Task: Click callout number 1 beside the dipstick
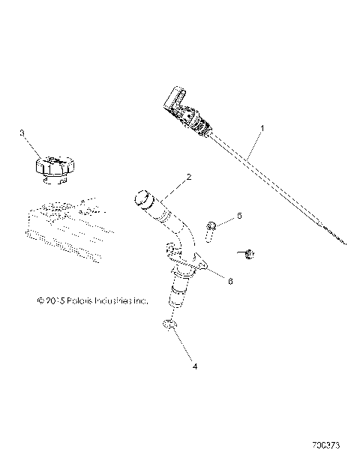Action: click(x=262, y=128)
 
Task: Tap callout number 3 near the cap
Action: click(x=22, y=133)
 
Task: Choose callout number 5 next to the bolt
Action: click(x=239, y=216)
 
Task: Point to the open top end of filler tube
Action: click(x=141, y=198)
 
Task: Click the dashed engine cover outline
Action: click(x=60, y=229)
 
